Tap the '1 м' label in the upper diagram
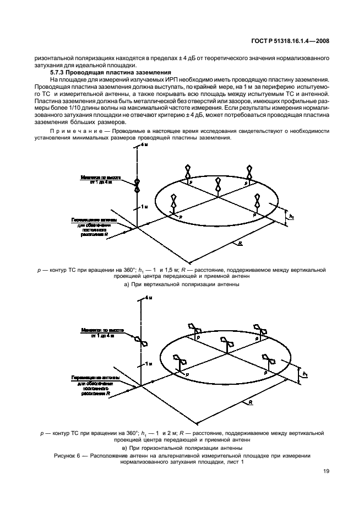(144, 206)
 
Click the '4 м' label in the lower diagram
(146, 298)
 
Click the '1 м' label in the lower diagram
(145, 364)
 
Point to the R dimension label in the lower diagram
(251, 403)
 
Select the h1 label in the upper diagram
(291, 217)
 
